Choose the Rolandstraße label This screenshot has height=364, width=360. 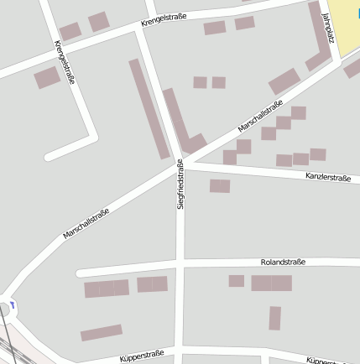(283, 262)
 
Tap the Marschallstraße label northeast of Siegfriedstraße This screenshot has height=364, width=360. (260, 116)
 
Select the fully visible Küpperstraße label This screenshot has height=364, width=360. (142, 356)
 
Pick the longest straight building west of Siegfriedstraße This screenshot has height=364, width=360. (149, 108)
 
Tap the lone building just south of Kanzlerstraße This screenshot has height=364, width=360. (220, 186)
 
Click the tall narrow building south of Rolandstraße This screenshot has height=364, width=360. (274, 318)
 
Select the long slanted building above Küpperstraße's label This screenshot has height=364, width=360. (102, 332)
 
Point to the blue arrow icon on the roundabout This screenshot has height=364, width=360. (13, 304)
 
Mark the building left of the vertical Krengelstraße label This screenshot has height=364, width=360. (47, 78)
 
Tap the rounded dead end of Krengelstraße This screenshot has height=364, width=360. (50, 155)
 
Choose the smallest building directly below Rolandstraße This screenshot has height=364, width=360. (237, 281)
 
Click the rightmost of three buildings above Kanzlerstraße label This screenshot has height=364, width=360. (317, 154)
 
